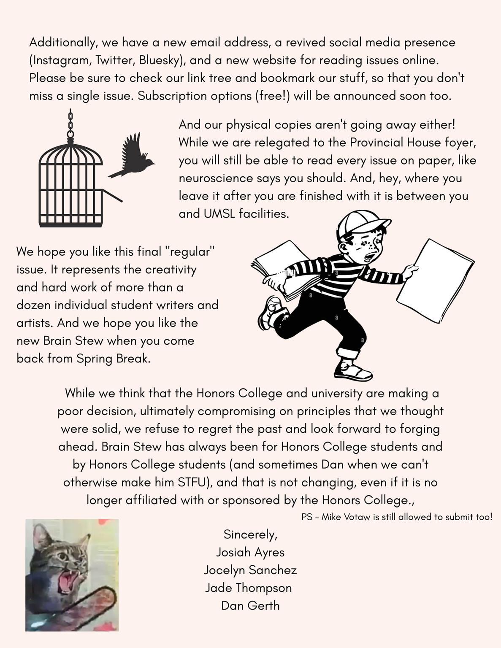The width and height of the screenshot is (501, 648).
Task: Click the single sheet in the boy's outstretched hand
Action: click(x=435, y=280)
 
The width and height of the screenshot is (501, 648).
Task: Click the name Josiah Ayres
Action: click(x=250, y=552)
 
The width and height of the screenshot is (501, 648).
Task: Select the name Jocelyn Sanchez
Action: click(x=250, y=570)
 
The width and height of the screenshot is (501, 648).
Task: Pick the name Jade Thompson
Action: click(x=249, y=588)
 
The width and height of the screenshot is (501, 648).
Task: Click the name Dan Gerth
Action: click(x=250, y=605)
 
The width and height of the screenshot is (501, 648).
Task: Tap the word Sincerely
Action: click(x=250, y=535)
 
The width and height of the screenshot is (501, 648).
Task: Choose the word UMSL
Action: click(x=219, y=214)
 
